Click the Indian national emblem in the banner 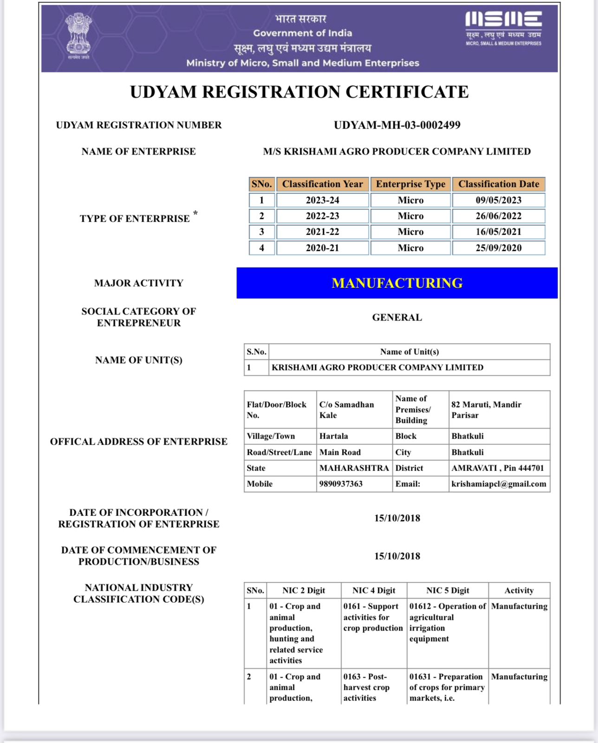(78, 35)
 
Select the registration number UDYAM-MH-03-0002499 (397, 125)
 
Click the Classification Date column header (499, 184)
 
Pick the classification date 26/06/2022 (498, 216)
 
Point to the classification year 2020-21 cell (322, 248)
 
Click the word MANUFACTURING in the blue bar (397, 283)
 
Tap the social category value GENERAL (397, 317)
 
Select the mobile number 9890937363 (341, 483)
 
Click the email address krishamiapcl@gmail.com (499, 483)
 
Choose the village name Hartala (333, 436)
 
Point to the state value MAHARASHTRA (354, 468)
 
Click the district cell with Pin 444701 (497, 468)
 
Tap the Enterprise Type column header (410, 184)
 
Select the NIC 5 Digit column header (448, 590)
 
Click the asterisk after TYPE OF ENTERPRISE (195, 213)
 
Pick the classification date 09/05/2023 (498, 200)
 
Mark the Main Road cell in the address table (340, 452)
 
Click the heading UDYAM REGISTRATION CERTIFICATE (299, 91)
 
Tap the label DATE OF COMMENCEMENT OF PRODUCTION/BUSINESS (138, 555)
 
